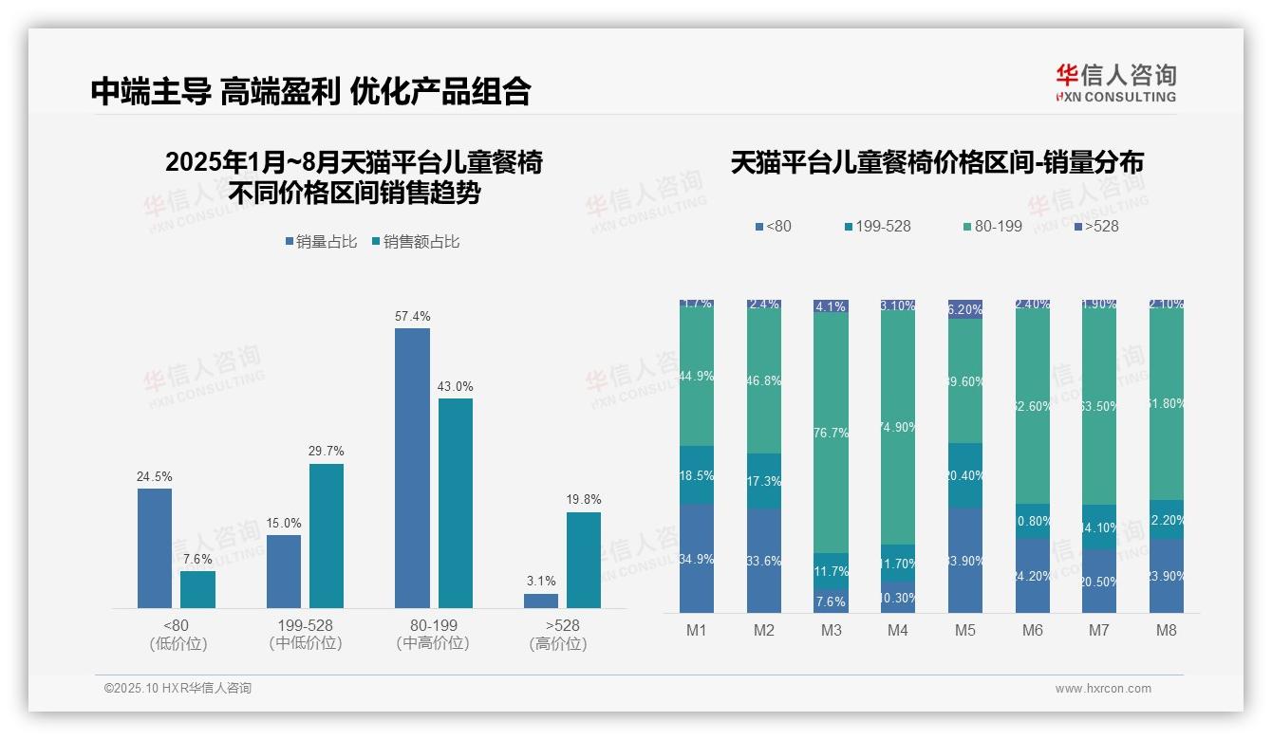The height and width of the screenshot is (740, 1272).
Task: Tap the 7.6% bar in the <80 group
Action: point(197,589)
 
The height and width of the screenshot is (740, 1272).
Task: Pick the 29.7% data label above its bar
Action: point(326,452)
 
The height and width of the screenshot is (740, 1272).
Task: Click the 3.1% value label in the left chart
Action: point(541,581)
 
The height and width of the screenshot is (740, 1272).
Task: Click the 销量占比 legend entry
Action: point(321,242)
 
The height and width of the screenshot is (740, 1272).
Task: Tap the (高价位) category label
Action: point(557,643)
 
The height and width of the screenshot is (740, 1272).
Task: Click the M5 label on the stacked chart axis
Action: point(964,630)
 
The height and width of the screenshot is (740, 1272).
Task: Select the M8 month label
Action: point(1167,630)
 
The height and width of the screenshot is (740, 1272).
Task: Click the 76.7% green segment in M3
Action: point(831,433)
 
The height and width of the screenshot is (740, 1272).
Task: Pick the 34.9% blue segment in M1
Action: point(696,558)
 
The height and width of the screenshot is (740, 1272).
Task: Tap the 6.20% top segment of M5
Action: point(965,308)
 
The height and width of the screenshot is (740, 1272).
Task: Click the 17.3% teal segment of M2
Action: point(763,480)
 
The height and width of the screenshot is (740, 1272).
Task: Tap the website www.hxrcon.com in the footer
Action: point(1103,689)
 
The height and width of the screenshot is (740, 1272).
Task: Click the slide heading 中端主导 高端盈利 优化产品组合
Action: point(310,91)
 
